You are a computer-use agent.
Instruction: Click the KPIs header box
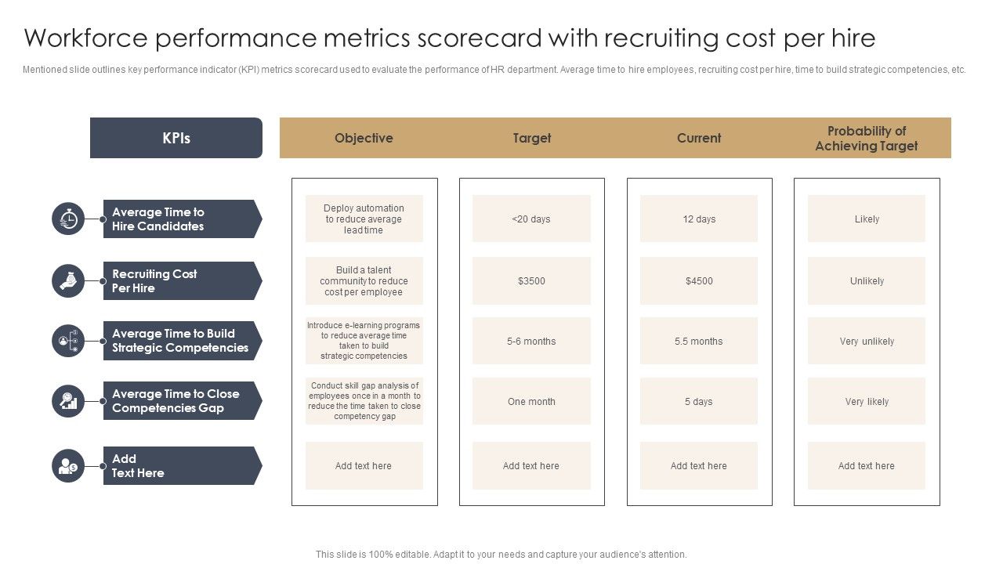tap(176, 138)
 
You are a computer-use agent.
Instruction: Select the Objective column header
tap(364, 138)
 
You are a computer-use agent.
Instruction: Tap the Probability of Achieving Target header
tap(866, 138)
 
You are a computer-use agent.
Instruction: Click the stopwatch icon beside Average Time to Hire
tap(68, 219)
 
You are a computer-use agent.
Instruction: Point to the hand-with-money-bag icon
tap(68, 280)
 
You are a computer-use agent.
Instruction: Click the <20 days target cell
tap(531, 219)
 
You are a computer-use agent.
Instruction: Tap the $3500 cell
tap(531, 280)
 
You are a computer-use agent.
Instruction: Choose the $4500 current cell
tap(699, 280)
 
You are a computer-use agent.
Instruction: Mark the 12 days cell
tap(699, 219)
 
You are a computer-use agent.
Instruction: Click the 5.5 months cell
tap(699, 341)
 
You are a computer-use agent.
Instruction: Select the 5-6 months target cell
tap(531, 341)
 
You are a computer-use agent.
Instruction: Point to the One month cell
tap(531, 401)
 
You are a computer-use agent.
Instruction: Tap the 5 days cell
tap(699, 401)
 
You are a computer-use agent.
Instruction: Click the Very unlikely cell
tap(867, 341)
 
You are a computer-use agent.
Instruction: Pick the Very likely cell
tap(867, 401)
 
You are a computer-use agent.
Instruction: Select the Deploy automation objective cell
tap(364, 219)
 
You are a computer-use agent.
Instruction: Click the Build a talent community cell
tap(364, 280)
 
